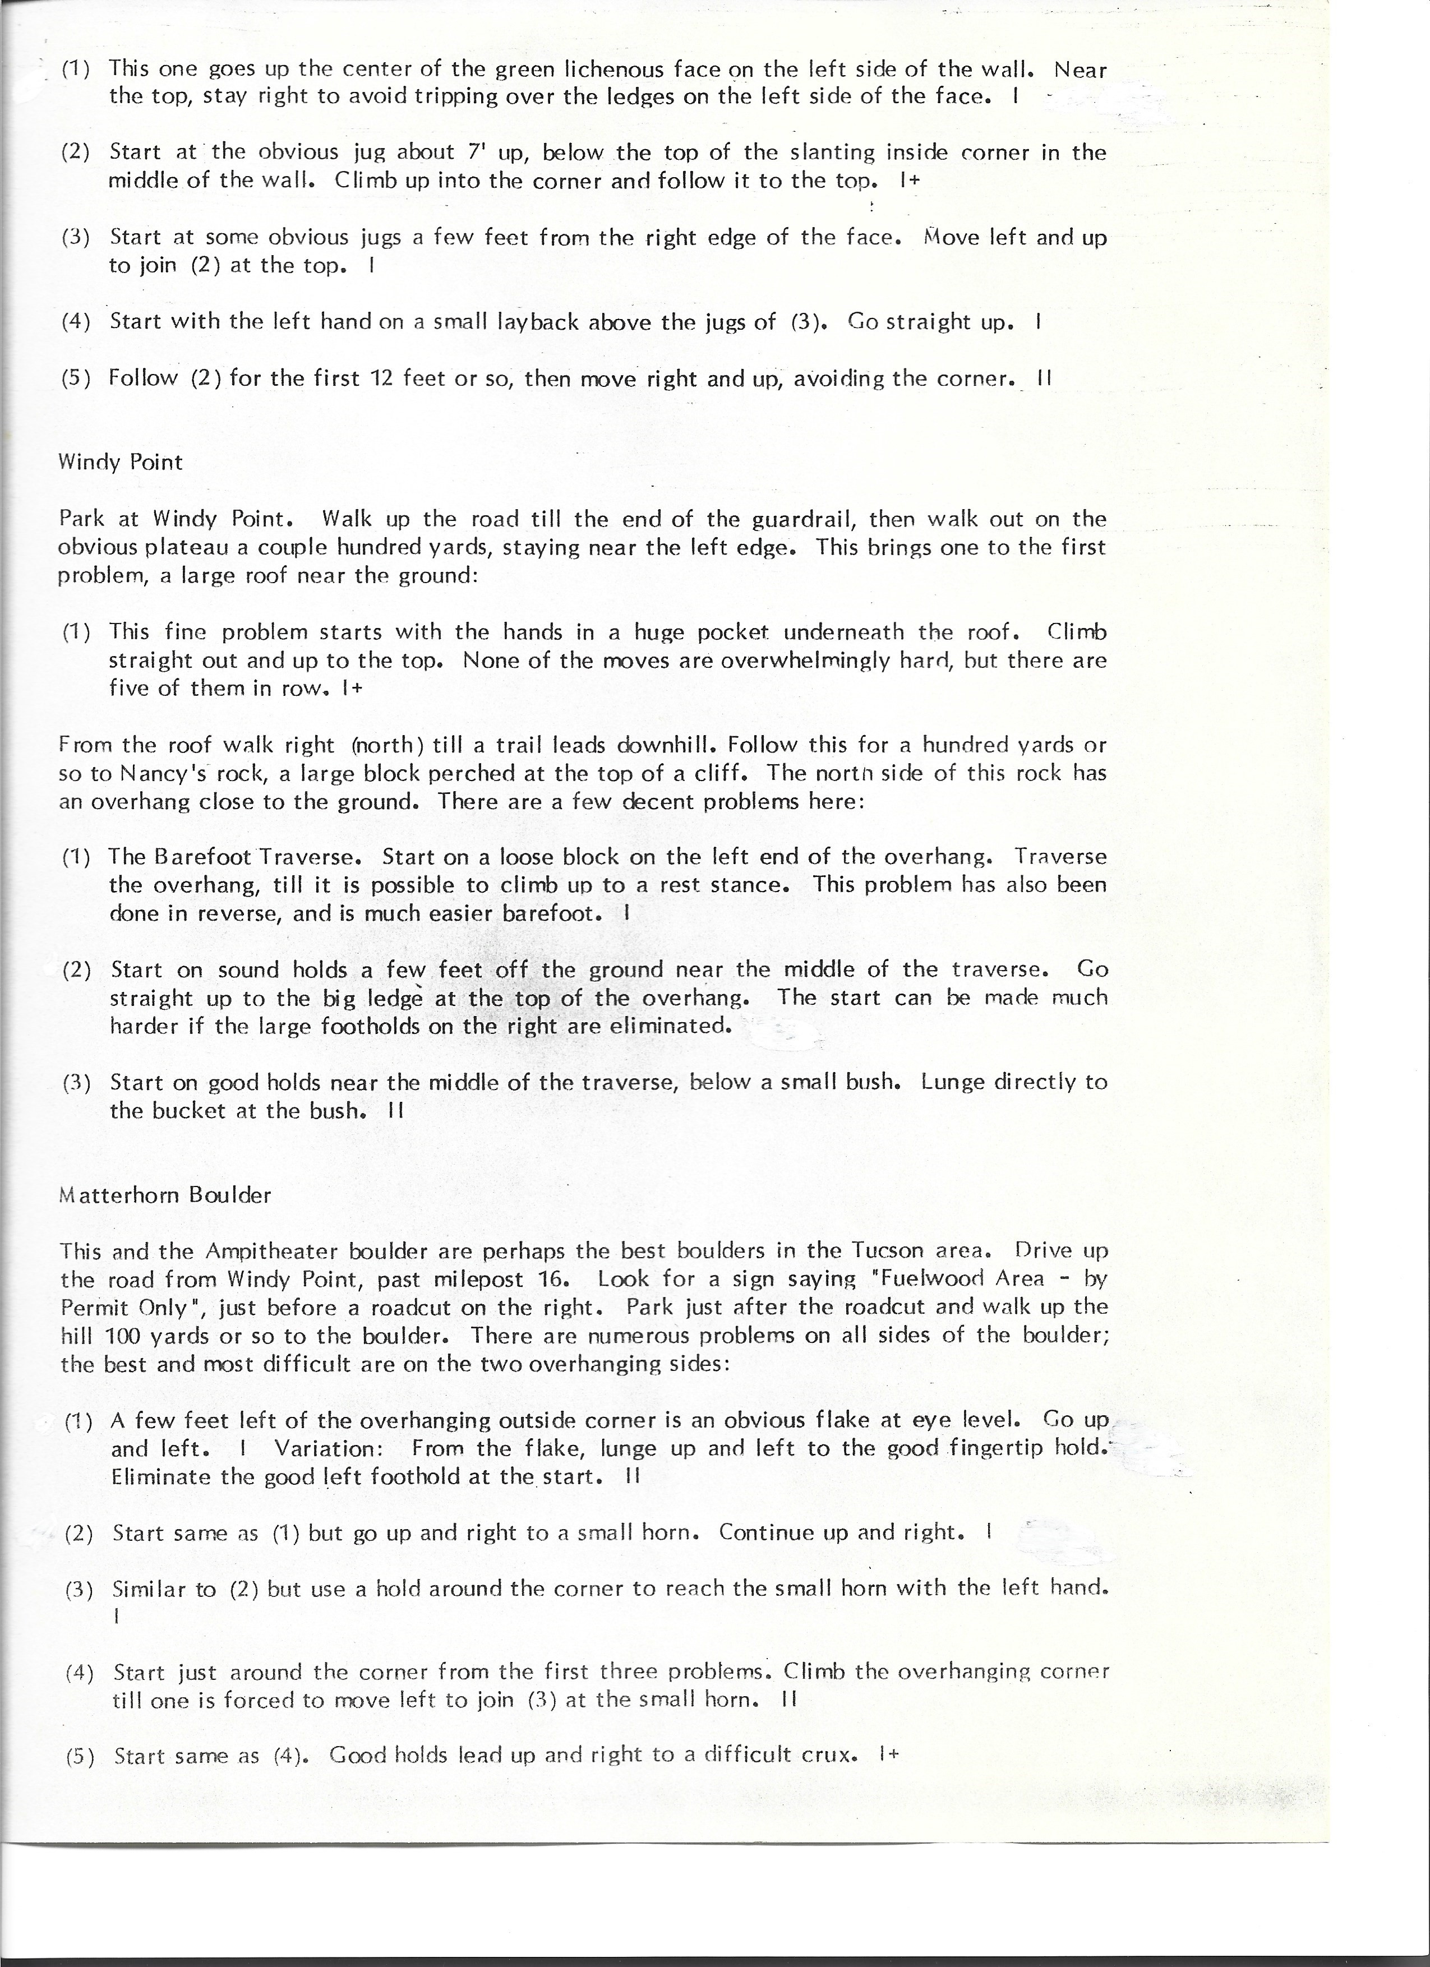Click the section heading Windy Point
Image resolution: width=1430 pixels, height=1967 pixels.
click(121, 462)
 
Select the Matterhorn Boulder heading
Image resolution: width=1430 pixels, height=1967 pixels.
click(165, 1195)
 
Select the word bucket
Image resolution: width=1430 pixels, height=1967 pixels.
click(189, 1111)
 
